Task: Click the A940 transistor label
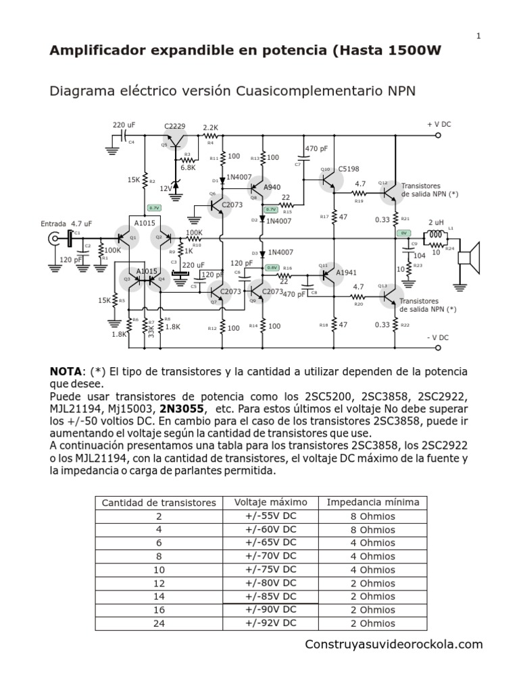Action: pyautogui.click(x=272, y=187)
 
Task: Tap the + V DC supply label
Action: pyautogui.click(x=439, y=125)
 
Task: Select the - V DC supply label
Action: pyautogui.click(x=439, y=337)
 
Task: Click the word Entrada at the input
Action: pyautogui.click(x=54, y=223)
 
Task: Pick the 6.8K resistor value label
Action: pyautogui.click(x=187, y=167)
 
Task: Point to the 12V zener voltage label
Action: pyautogui.click(x=166, y=188)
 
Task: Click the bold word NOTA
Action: pyautogui.click(x=66, y=372)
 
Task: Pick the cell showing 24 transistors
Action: pyautogui.click(x=159, y=624)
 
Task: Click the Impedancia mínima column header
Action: pyautogui.click(x=373, y=502)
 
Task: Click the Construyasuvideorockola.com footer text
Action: pyautogui.click(x=394, y=644)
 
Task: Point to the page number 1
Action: pyautogui.click(x=478, y=36)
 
